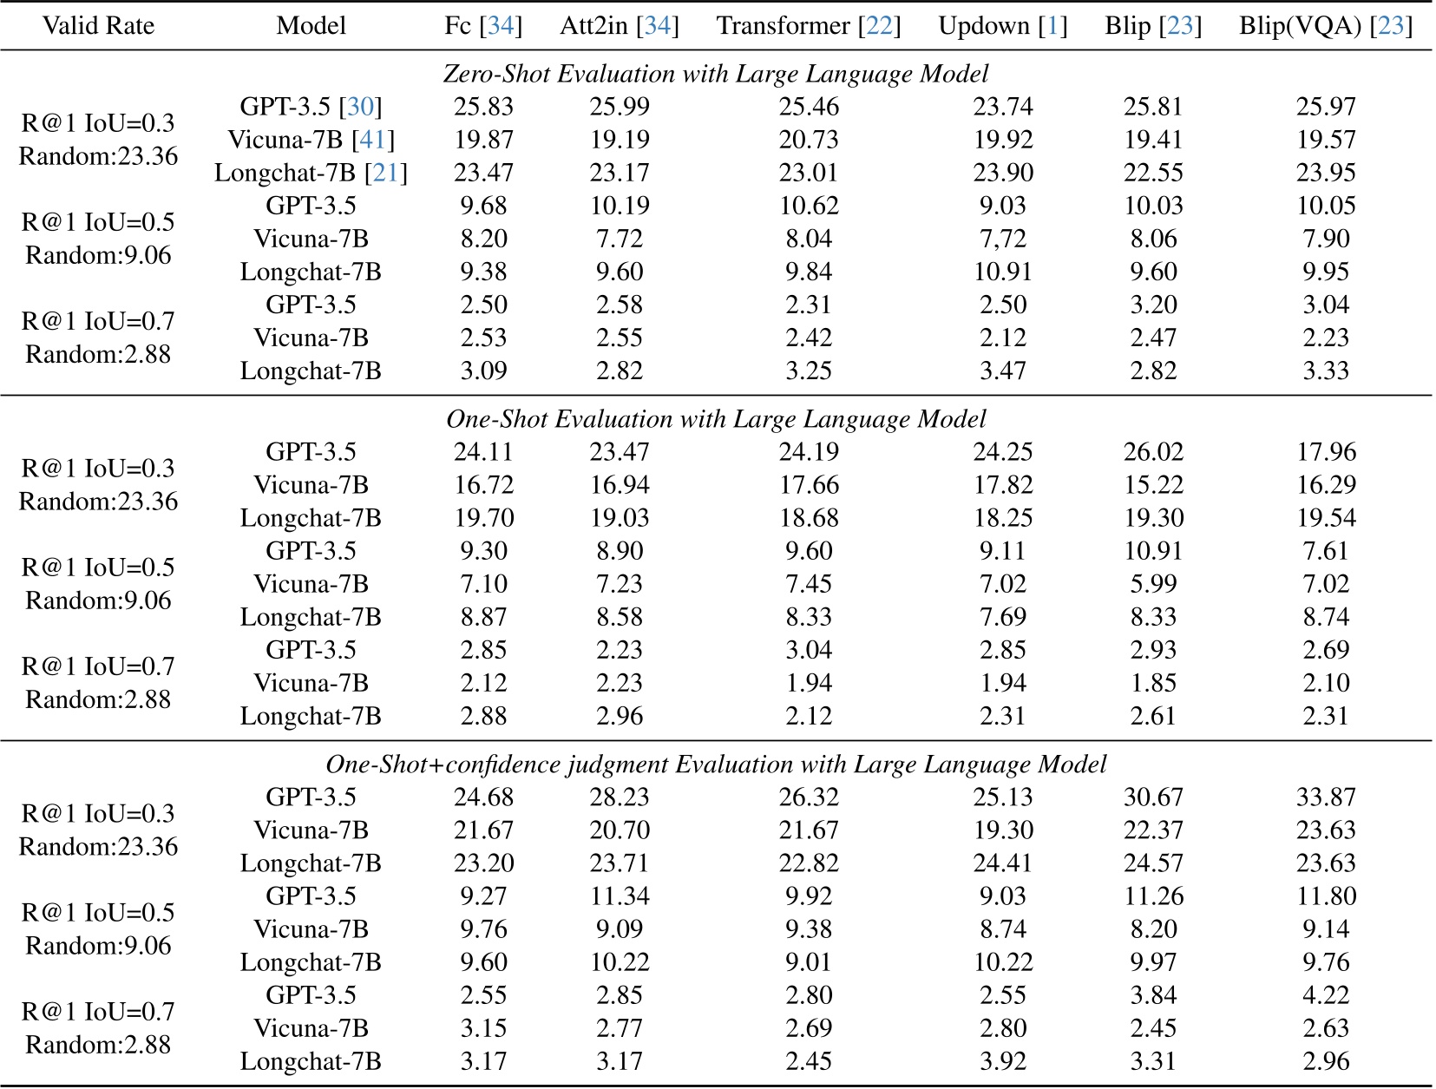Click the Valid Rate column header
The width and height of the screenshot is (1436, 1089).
coord(98,26)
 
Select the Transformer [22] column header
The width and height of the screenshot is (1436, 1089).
coord(808,26)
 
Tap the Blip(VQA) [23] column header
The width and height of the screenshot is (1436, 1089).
coord(1325,26)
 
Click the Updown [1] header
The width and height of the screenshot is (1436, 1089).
coord(1002,26)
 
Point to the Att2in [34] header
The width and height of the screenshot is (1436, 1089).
coord(619,26)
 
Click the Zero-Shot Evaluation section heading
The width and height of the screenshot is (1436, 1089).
coord(716,74)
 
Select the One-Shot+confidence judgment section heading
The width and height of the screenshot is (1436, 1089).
coord(716,764)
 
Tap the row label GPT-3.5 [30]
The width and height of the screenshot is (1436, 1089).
coord(311,107)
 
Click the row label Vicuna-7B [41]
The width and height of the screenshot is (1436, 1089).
coord(311,140)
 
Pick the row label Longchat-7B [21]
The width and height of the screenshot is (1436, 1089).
coord(311,173)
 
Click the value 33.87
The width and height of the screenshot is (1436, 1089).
coord(1325,797)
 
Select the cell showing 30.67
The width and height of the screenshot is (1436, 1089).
coord(1153,797)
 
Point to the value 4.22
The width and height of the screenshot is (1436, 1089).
coord(1325,995)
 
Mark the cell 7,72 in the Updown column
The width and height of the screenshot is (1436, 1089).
coord(1002,239)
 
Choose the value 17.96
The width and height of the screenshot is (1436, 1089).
coord(1325,452)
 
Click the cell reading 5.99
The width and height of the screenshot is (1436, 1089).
coord(1153,584)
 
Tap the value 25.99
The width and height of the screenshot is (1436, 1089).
coord(619,107)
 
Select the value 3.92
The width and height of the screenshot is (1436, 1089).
coord(1002,1061)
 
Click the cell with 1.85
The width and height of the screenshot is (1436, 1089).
coord(1153,683)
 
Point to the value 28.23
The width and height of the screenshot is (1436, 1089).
coord(619,797)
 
